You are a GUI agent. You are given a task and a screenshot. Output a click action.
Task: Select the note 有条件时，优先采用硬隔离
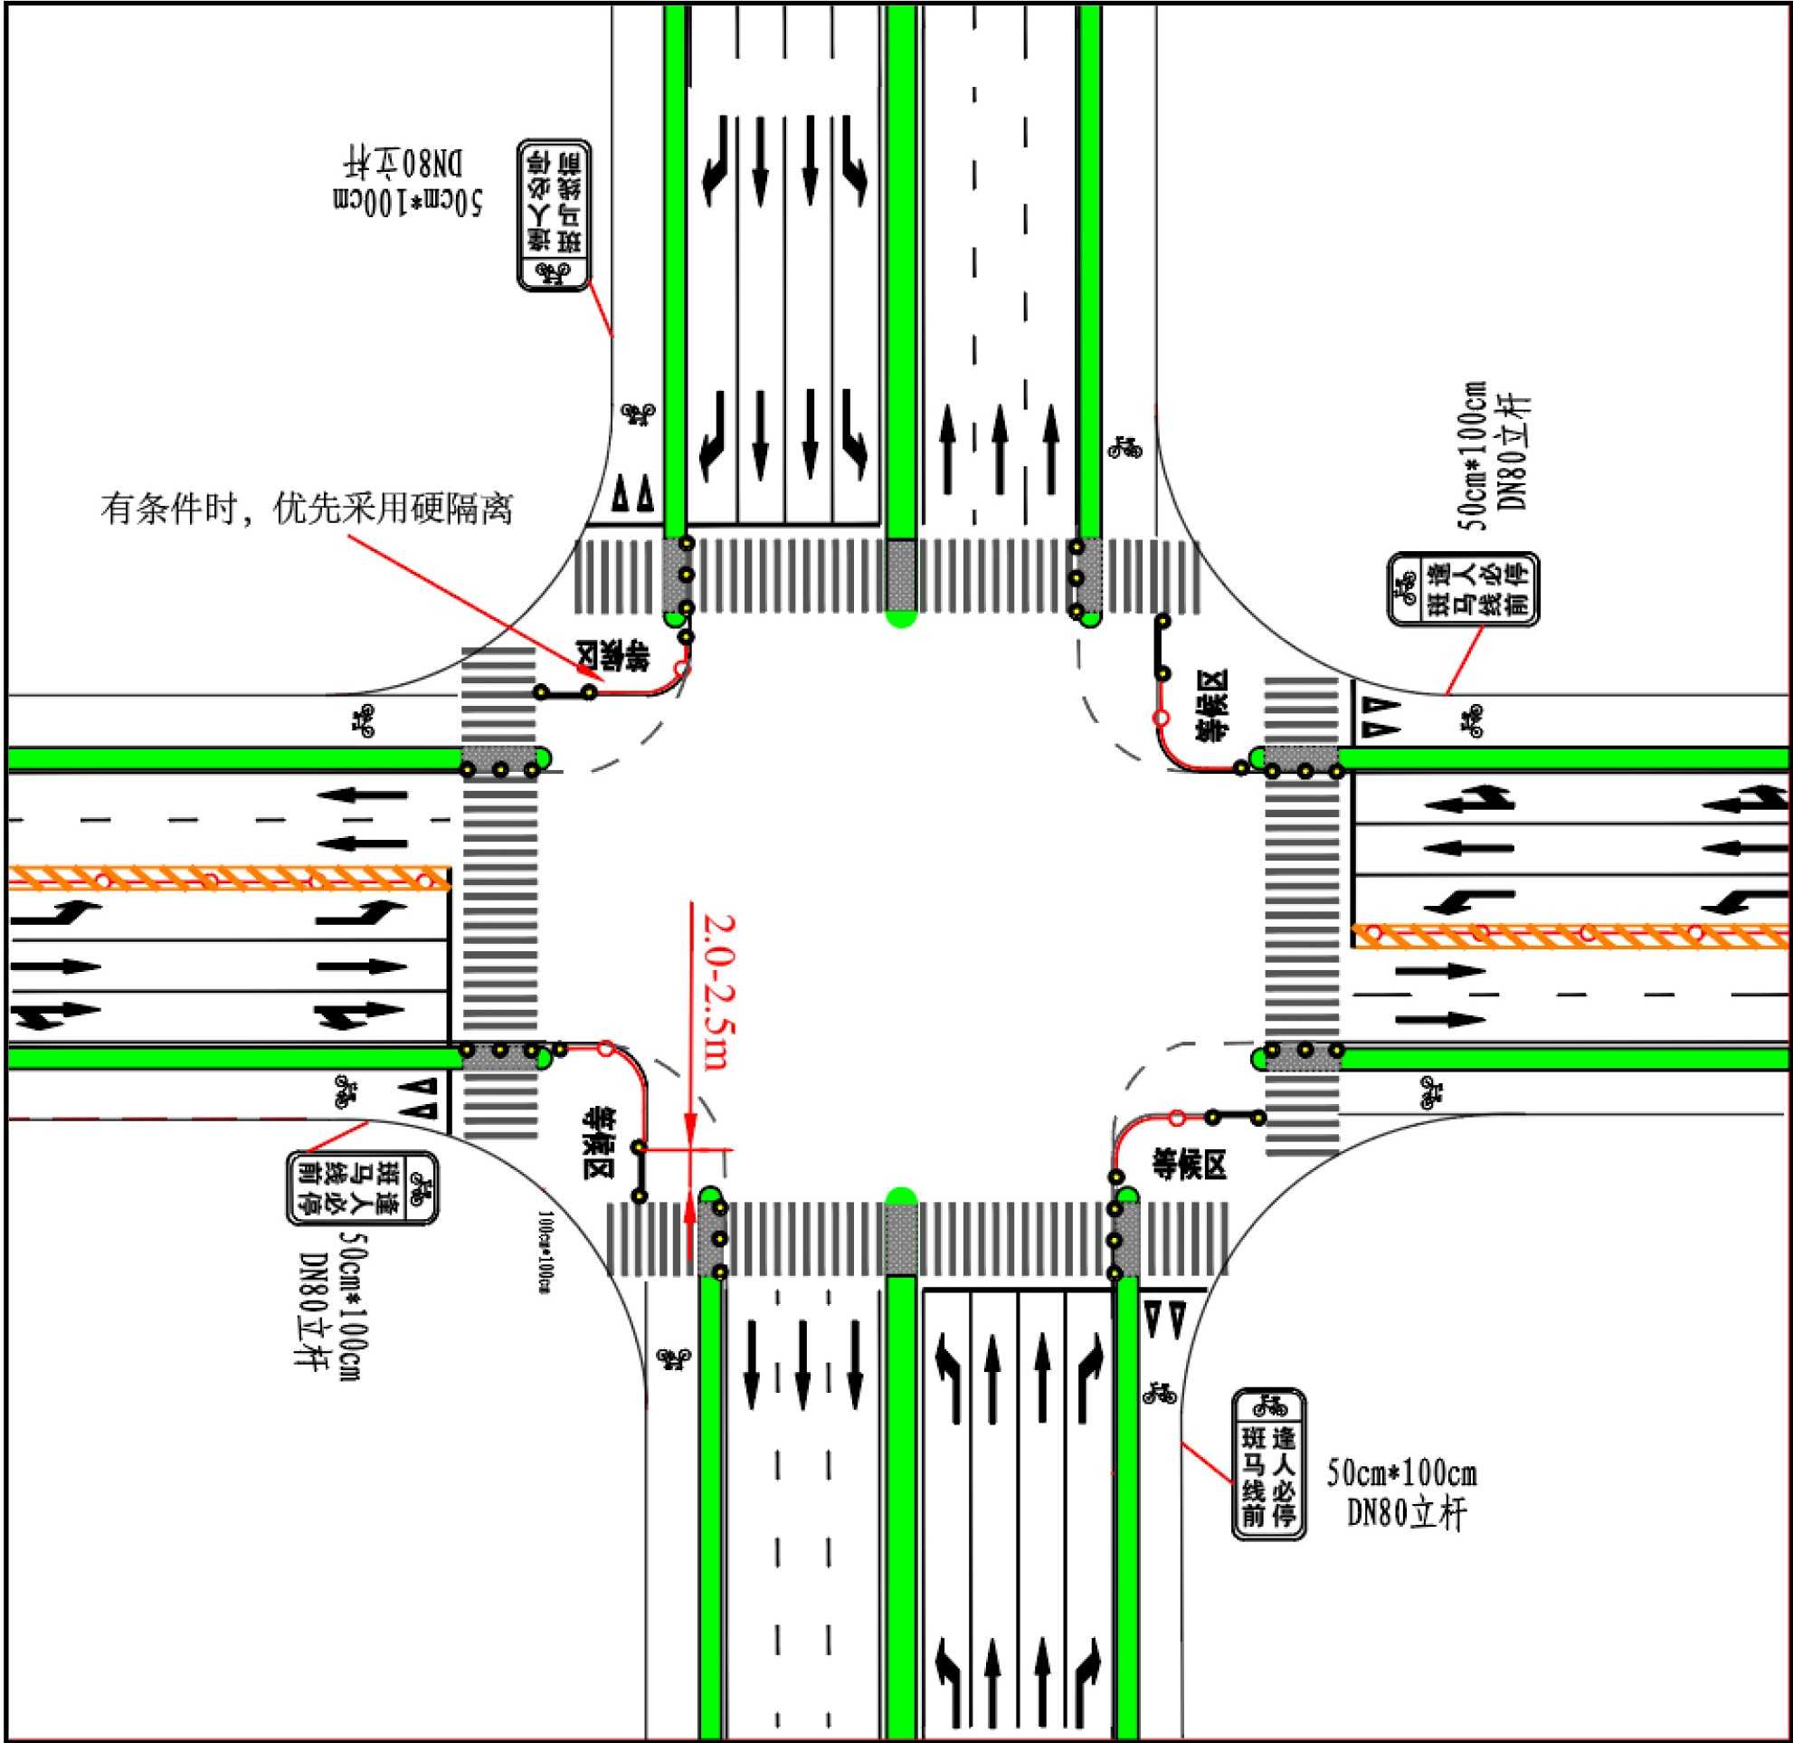tap(307, 509)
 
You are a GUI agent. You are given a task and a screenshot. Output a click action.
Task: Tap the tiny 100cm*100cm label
tap(545, 1252)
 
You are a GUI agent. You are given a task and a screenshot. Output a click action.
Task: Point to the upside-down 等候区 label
tap(612, 655)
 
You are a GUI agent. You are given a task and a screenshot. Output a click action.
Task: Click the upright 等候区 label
tap(1189, 1166)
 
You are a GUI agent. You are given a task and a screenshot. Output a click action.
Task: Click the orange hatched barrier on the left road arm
tap(229, 879)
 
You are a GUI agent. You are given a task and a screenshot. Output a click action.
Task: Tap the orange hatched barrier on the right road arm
tap(1570, 935)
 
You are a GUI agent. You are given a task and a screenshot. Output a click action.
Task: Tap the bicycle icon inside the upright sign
tap(1268, 1405)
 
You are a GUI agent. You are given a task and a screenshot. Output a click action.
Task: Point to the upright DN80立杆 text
tap(1406, 1514)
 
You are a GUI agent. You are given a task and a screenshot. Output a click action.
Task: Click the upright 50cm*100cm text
tap(1401, 1473)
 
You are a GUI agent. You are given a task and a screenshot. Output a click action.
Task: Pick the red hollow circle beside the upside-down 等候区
tap(682, 669)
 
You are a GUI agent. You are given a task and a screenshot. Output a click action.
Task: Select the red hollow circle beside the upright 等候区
tap(1178, 1118)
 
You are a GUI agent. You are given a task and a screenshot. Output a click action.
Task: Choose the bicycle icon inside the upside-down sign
tap(554, 271)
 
